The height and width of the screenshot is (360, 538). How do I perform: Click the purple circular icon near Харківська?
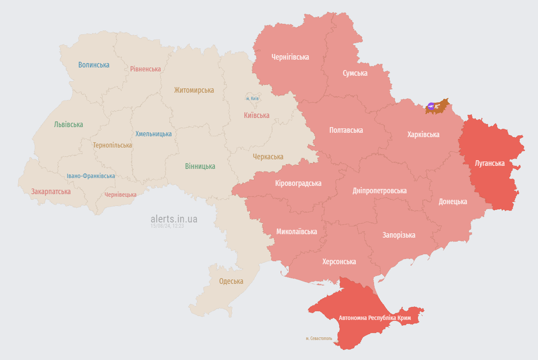click(431, 106)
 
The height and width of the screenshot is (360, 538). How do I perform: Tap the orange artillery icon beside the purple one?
click(437, 106)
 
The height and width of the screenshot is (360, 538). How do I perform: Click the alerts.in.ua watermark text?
click(174, 219)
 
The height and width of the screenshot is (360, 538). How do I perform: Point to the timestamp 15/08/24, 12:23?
click(167, 226)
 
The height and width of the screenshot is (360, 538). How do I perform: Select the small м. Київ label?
click(252, 98)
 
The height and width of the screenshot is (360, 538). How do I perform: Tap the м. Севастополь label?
click(319, 338)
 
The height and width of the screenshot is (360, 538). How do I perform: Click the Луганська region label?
click(490, 163)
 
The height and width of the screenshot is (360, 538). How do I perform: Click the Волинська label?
click(94, 65)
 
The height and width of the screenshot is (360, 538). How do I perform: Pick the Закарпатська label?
click(51, 191)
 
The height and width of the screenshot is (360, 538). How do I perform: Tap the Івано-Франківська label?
click(91, 176)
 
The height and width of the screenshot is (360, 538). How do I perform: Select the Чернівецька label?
click(120, 195)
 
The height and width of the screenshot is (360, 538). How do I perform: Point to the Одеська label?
click(231, 281)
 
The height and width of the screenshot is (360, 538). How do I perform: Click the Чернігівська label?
click(290, 57)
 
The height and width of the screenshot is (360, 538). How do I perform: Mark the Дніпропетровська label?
click(380, 191)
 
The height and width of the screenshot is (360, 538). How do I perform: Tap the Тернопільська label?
click(112, 145)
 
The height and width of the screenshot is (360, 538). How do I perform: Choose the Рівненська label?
click(145, 69)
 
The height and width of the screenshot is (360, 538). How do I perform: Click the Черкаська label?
click(268, 157)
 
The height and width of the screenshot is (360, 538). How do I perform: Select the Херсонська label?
click(339, 262)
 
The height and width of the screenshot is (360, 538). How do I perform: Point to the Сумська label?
click(355, 73)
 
